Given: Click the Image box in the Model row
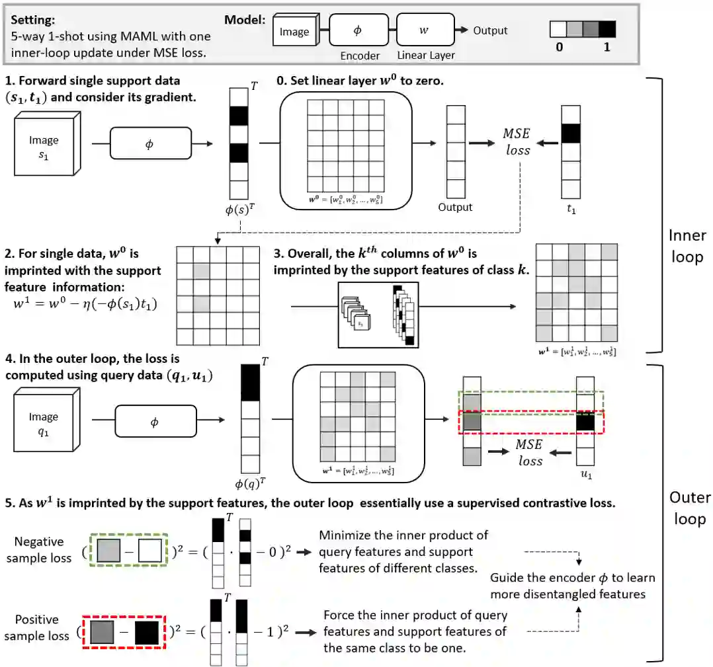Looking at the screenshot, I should click(294, 32).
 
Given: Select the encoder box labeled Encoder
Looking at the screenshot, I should click(358, 30).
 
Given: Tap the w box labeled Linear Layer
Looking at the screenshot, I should click(425, 30).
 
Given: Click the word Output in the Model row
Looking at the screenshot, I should click(490, 30).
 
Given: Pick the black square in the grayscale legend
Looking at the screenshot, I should click(606, 28).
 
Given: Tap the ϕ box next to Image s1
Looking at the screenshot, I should click(149, 143).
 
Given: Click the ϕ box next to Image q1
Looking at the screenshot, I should click(155, 421).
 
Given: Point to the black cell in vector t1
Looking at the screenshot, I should click(570, 134).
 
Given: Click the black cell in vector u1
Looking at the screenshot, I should click(585, 421).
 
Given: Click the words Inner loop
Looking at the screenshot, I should click(687, 246).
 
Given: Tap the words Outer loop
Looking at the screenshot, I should click(689, 508).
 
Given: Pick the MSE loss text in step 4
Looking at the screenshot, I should click(530, 453).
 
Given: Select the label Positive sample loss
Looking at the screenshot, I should click(38, 628).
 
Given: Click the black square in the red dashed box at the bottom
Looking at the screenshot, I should click(147, 633).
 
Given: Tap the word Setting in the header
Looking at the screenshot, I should click(33, 20).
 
